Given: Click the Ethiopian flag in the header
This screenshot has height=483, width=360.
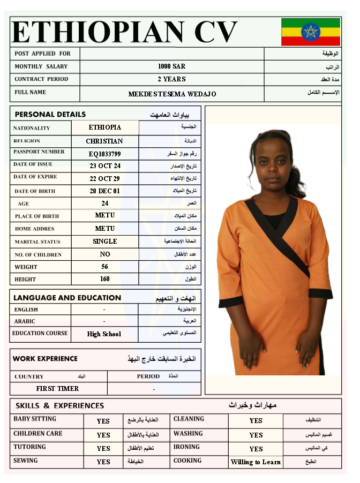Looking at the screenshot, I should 311,32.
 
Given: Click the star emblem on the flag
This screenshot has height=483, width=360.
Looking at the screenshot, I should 311,32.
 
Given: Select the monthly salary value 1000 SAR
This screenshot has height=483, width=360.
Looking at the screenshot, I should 172,66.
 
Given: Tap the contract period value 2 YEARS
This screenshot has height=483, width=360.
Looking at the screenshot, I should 172,79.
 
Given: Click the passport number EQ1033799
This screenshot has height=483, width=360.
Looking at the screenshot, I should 105,154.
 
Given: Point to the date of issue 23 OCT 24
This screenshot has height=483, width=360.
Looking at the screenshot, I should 105,166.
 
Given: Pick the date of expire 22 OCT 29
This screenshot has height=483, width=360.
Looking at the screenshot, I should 105,179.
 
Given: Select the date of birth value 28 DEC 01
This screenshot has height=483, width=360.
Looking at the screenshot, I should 105,191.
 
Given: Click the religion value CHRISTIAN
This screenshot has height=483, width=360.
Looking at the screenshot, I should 104,141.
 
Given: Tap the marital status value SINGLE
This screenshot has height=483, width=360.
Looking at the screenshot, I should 105,242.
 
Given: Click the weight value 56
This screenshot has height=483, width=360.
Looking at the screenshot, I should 105,267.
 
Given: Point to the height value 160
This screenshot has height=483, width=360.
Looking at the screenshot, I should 105,279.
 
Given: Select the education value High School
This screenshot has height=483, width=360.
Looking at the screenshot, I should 104,334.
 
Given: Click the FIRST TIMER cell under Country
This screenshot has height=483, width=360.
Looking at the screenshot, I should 57,389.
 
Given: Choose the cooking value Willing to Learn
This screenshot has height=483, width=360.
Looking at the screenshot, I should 256,462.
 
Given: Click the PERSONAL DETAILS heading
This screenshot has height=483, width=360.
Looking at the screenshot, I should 50,114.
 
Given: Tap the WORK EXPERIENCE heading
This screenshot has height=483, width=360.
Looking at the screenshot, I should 46,359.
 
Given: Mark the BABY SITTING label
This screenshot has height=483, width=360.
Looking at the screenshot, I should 35,419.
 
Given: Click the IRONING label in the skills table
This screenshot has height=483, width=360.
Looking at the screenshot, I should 186,447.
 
